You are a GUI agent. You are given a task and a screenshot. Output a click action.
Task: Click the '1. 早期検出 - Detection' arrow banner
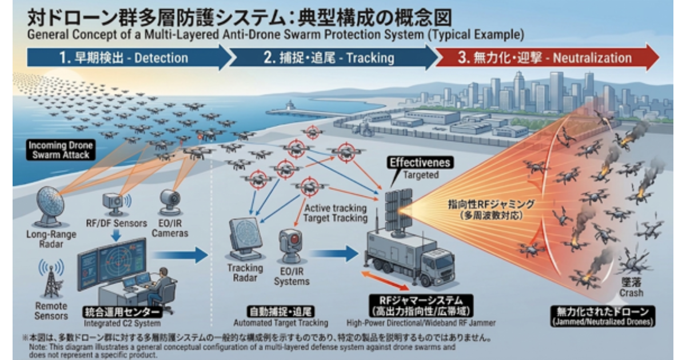pyautogui.click(x=129, y=57)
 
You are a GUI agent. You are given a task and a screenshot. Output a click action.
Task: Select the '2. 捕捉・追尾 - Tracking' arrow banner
pyautogui.click(x=332, y=58)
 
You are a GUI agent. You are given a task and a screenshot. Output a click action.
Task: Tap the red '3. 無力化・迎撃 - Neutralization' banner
pyautogui.click(x=547, y=58)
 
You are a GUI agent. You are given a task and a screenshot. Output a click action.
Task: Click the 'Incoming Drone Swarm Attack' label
pyautogui.click(x=61, y=150)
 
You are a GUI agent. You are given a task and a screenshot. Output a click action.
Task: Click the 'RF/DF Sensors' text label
pyautogui.click(x=117, y=223)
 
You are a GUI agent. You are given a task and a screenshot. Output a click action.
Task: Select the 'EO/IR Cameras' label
pyautogui.click(x=170, y=228)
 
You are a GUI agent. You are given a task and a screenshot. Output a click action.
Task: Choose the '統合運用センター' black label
pyautogui.click(x=122, y=312)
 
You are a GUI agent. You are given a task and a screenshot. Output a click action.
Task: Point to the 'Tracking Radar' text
pyautogui.click(x=245, y=273)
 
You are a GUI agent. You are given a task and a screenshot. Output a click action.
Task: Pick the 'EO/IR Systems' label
pyautogui.click(x=292, y=276)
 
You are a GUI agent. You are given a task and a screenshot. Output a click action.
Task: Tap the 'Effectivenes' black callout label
pyautogui.click(x=420, y=162)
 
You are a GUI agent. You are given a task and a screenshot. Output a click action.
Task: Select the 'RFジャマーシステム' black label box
pyautogui.click(x=421, y=306)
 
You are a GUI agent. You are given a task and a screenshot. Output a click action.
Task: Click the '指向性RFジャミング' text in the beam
pyautogui.click(x=491, y=205)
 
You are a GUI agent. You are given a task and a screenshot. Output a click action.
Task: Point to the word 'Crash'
pyautogui.click(x=631, y=293)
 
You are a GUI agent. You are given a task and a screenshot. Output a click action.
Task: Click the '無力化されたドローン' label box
pyautogui.click(x=603, y=316)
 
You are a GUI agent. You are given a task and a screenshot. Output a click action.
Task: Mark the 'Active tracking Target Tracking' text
pyautogui.click(x=336, y=213)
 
